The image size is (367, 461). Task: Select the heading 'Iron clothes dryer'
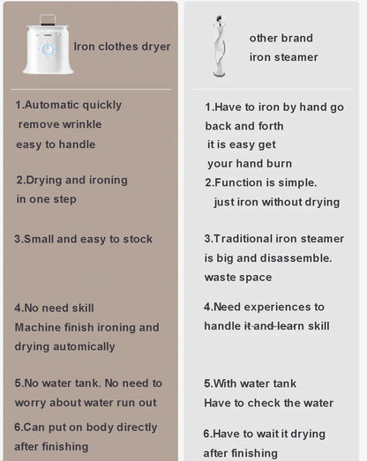click(122, 47)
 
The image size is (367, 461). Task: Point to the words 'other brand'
click(281, 38)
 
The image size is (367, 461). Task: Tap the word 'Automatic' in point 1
click(57, 105)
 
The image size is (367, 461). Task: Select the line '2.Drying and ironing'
click(71, 180)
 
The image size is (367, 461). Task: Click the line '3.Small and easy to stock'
click(83, 239)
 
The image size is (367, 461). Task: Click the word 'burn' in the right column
click(276, 164)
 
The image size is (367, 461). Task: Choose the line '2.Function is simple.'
click(260, 182)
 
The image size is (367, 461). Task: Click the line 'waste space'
click(237, 277)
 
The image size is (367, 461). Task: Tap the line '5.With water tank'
click(250, 383)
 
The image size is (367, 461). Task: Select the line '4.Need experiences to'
click(264, 307)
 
